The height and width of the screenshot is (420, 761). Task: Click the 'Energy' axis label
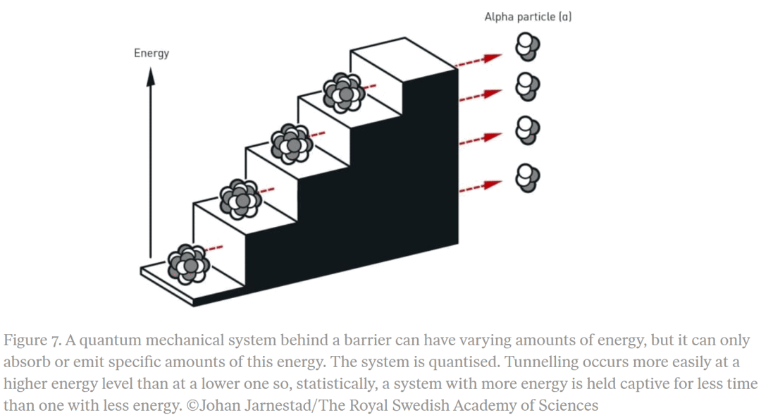click(x=151, y=53)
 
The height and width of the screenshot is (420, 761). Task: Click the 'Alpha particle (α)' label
click(x=528, y=17)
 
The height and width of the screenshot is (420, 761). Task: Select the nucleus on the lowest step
click(x=189, y=264)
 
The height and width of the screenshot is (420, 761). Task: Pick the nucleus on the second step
click(x=241, y=199)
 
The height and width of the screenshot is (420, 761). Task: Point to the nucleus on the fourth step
click(x=344, y=92)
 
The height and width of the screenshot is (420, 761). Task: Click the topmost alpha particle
click(x=528, y=49)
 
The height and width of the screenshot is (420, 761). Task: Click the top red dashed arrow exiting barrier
click(x=478, y=61)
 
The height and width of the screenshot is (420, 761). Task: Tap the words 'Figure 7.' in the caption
click(x=32, y=341)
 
